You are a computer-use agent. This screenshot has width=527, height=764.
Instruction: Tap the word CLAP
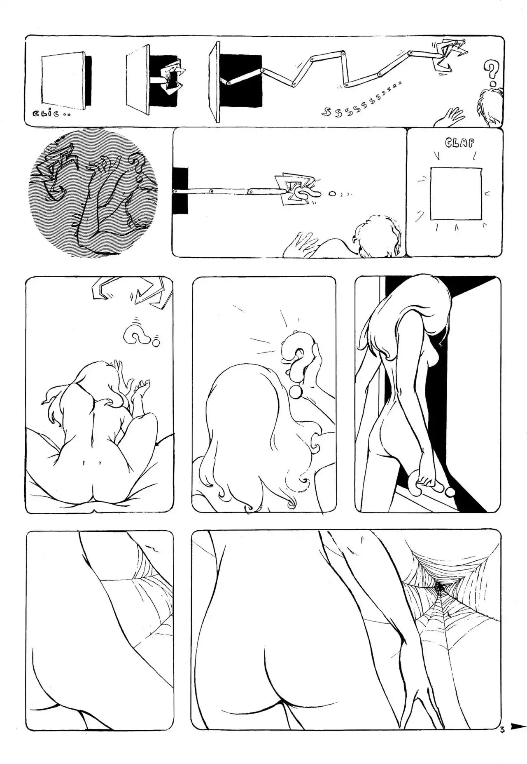[x=459, y=143]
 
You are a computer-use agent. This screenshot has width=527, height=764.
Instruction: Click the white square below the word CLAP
[x=455, y=194]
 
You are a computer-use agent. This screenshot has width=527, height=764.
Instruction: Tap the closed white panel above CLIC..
[x=64, y=80]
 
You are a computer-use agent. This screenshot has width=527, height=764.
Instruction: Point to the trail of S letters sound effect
[x=361, y=100]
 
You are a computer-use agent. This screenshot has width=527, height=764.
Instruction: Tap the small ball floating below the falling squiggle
[x=156, y=342]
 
